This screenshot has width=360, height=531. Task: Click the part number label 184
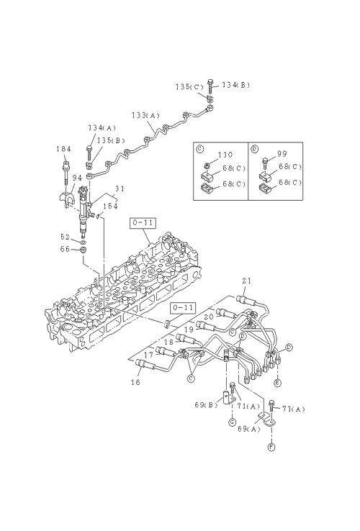pyautogui.click(x=63, y=149)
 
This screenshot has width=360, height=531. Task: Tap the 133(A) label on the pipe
pyautogui.click(x=145, y=115)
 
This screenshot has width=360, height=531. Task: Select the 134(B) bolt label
pyautogui.click(x=235, y=85)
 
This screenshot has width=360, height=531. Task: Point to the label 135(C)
pyautogui.click(x=189, y=86)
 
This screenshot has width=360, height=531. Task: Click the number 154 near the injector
pyautogui.click(x=110, y=206)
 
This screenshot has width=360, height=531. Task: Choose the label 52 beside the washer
pyautogui.click(x=65, y=237)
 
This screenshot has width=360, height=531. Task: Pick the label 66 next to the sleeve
pyautogui.click(x=65, y=249)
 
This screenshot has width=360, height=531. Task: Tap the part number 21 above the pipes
pyautogui.click(x=246, y=281)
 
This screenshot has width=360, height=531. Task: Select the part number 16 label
pyautogui.click(x=135, y=382)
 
